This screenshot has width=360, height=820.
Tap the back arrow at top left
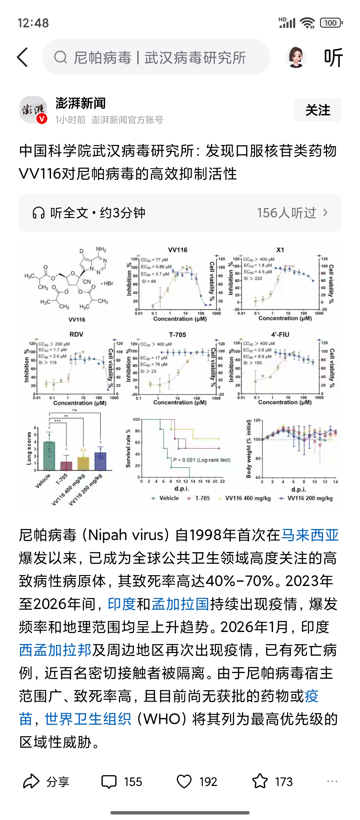tap(23, 57)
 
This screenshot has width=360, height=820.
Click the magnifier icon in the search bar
tap(61, 57)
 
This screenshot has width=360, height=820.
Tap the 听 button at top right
tap(333, 57)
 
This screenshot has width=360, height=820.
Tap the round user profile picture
tap(296, 57)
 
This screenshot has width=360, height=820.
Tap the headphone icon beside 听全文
tap(39, 213)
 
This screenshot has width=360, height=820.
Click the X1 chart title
tap(280, 250)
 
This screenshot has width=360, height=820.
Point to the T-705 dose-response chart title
tap(177, 335)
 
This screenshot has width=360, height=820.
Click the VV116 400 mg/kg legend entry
tap(247, 498)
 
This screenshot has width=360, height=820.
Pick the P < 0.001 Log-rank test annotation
tap(202, 460)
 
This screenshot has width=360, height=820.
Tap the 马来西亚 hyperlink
tap(310, 535)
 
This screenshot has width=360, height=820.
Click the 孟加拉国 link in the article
tap(180, 604)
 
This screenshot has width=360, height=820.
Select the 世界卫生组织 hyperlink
tap(88, 719)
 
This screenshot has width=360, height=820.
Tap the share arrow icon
tap(31, 782)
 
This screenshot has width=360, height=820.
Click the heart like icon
tap(184, 782)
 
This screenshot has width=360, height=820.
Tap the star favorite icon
tap(260, 782)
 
